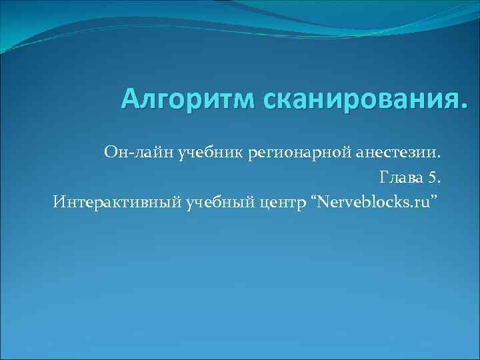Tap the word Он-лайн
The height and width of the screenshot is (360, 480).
tap(137, 154)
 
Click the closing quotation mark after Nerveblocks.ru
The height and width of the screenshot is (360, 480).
tap(436, 197)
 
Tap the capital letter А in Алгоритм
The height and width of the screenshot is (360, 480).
tap(131, 100)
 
